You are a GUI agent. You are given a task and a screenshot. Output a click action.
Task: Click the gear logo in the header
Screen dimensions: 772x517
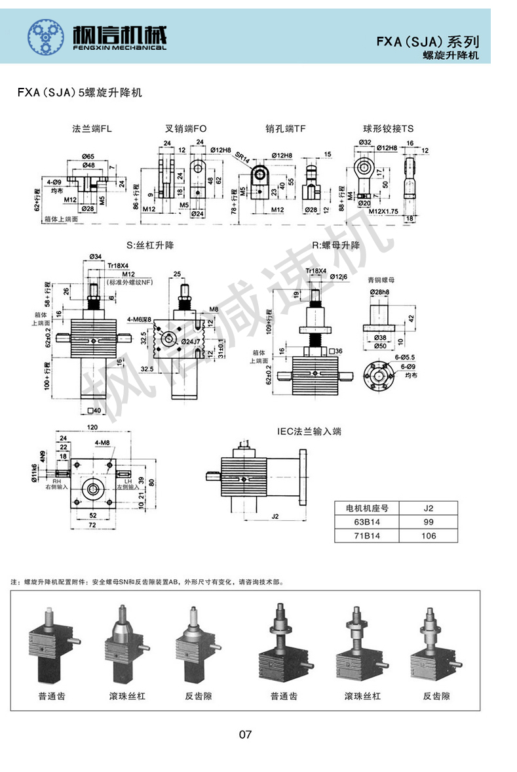click(46, 36)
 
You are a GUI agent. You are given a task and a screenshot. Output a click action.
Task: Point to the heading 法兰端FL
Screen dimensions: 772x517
click(92, 129)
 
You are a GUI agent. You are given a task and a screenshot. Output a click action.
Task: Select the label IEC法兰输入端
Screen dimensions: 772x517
click(309, 432)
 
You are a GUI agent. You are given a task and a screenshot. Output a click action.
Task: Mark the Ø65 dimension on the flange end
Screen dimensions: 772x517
click(90, 156)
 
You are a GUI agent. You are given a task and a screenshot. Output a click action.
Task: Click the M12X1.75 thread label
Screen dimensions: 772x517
click(383, 211)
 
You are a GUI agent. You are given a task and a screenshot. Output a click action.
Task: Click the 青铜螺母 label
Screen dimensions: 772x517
click(380, 279)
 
